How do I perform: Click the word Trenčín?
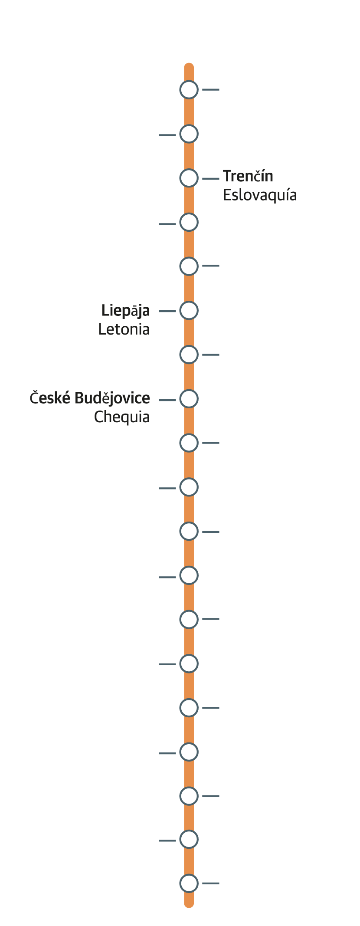[248, 177]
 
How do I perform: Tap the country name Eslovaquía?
[259, 195]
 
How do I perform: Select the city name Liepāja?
[125, 311]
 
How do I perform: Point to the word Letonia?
[124, 329]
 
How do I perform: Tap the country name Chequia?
[121, 417]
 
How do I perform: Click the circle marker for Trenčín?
[189, 178]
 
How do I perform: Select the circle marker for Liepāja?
[189, 311]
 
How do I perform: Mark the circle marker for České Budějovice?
[189, 399]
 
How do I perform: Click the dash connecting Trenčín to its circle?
[211, 178]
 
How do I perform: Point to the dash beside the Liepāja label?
[167, 311]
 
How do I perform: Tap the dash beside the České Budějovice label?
[167, 400]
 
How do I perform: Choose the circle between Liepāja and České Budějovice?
[189, 355]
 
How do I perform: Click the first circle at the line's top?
[189, 89]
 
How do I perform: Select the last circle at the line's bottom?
[189, 883]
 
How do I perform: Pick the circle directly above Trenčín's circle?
[189, 134]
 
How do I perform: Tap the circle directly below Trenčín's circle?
[189, 222]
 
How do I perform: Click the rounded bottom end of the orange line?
[189, 903]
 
